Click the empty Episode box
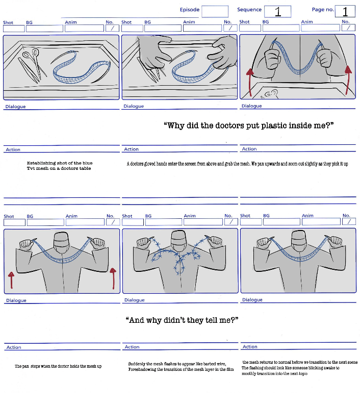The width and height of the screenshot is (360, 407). tap(215, 11)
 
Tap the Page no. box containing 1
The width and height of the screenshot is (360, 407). tap(345, 11)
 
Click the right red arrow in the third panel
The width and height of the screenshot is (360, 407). tap(349, 79)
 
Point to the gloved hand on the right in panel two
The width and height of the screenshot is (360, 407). tap(222, 53)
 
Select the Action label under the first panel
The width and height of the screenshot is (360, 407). tap(13, 149)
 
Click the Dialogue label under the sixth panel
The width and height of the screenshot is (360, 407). tap(252, 300)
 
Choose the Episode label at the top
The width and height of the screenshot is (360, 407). tap(190, 10)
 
